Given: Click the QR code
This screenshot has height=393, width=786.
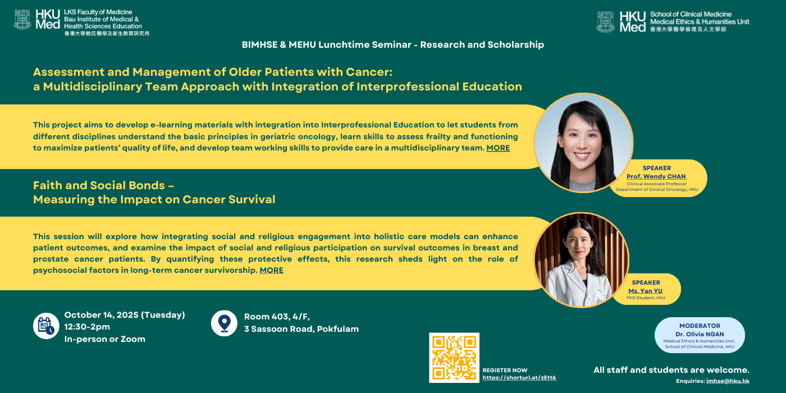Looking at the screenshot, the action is [454, 358].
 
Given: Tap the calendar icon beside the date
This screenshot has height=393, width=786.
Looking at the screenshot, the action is [46, 326].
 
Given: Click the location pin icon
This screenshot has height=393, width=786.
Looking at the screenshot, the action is [224, 323].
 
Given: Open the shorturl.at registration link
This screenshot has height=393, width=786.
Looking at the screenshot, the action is [519, 377].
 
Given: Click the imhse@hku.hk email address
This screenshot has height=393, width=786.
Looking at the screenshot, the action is [728, 381].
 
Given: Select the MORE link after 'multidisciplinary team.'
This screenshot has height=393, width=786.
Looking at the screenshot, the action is [498, 148].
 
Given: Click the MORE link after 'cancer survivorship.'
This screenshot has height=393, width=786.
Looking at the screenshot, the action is [271, 270].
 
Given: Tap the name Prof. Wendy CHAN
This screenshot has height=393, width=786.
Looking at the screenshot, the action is [656, 176].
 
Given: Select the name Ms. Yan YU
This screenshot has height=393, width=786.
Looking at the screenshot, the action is [646, 291].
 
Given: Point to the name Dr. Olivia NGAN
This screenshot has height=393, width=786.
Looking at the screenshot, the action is [700, 334].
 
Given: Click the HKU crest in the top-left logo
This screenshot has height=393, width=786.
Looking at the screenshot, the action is [22, 20].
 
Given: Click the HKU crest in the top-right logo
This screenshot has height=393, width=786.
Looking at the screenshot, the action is [606, 22].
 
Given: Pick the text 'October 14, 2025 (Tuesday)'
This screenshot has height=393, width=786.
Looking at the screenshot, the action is [125, 315].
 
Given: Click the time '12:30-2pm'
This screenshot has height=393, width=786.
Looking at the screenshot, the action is [87, 327].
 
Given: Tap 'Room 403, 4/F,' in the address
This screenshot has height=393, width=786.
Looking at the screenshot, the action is [277, 317].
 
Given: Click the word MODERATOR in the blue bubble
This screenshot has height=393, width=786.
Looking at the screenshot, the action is [700, 326].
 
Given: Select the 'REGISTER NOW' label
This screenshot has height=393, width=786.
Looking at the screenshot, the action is [505, 370].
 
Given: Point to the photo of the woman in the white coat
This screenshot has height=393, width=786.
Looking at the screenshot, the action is [581, 260].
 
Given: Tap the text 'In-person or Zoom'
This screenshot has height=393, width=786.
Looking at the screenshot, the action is [104, 339].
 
